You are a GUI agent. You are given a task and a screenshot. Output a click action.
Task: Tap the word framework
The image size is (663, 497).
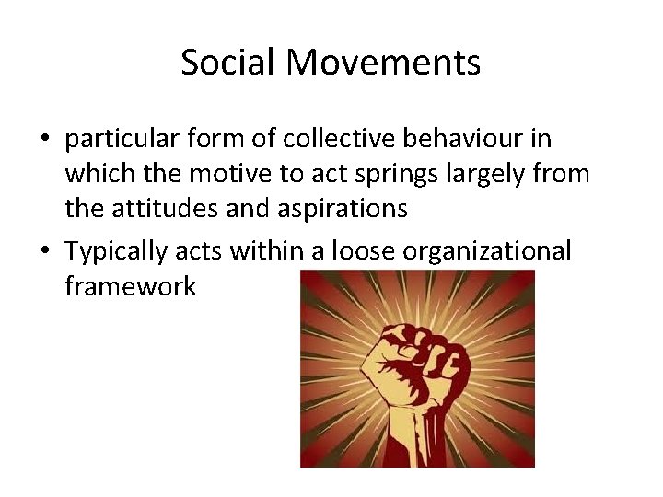point(130,285)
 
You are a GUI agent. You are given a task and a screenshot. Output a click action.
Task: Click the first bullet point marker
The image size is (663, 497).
point(44,140)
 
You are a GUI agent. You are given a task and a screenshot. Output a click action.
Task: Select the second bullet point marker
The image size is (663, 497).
point(44,251)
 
